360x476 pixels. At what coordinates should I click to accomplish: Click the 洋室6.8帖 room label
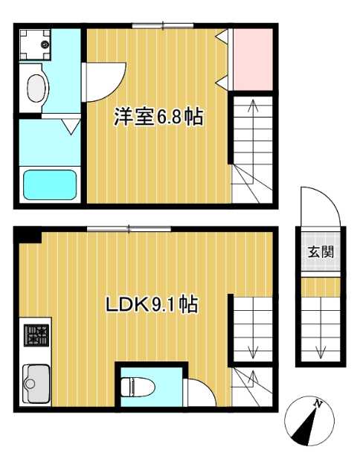click(x=158, y=117)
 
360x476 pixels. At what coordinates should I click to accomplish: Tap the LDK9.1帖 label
click(x=152, y=304)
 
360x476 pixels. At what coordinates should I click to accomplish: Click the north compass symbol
click(x=308, y=421)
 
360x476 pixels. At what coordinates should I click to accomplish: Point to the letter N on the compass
click(x=318, y=405)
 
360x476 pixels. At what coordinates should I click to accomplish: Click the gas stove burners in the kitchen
click(x=36, y=337)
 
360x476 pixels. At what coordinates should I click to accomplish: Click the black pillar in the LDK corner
click(x=30, y=236)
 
